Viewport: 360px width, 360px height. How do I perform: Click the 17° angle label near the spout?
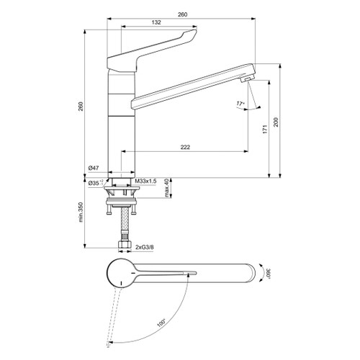(x=240, y=105)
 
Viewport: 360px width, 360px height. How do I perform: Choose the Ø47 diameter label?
(x=93, y=168)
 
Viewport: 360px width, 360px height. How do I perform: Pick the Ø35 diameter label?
(x=93, y=184)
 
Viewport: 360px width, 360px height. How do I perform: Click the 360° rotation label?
(x=267, y=274)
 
